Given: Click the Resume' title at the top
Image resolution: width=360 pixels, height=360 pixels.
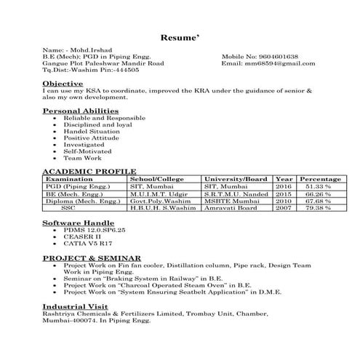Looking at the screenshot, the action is coord(180,35).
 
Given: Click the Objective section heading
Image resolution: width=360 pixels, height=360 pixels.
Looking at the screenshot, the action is coord(63,84).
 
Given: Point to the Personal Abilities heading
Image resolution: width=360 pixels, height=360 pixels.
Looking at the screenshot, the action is coord(79,111).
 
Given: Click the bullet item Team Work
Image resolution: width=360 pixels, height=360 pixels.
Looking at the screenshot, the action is coord(82,158).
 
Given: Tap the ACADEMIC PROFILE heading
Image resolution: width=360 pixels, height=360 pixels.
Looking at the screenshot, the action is coord(89,171).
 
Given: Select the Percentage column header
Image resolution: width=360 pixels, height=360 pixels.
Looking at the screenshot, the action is coord(320,179).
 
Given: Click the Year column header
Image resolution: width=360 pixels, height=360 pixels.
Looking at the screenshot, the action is coord(284,179).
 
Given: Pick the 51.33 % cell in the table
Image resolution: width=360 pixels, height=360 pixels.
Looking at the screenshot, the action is coord(318,187).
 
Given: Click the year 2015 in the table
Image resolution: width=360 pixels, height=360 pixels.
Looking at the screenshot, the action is coord(284,194).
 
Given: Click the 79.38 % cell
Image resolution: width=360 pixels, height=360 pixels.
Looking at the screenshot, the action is coord(318,208).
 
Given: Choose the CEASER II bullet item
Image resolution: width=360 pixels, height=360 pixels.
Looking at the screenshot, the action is coord(81,236).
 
